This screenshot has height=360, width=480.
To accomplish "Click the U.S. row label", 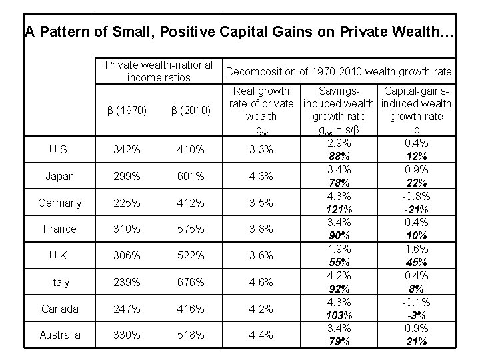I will [59, 150].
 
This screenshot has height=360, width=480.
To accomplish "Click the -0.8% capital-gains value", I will [417, 197].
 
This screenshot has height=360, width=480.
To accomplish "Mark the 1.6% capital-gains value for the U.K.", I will [417, 248].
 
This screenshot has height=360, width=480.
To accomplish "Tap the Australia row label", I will [59, 335].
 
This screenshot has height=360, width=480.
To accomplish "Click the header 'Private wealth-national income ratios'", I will [159, 71].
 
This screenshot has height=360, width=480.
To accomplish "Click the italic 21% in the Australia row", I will [417, 341].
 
